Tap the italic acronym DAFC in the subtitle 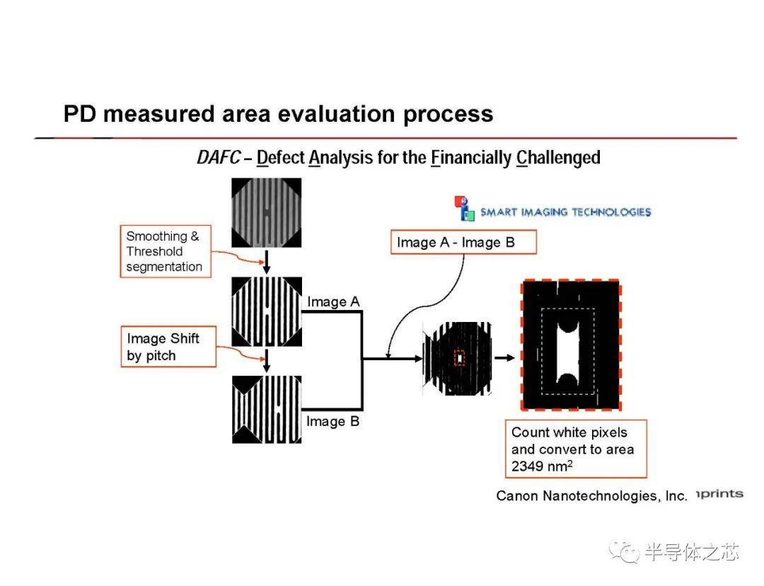click(x=219, y=157)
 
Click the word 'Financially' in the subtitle click(x=471, y=158)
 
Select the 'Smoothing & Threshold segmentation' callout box click(x=166, y=251)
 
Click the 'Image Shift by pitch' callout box click(x=168, y=347)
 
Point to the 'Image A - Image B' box click(x=463, y=242)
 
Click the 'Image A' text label click(x=333, y=301)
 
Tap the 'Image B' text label click(x=332, y=421)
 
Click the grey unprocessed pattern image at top click(x=267, y=212)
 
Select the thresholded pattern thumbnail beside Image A click(x=267, y=312)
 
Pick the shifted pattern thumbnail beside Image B click(x=267, y=410)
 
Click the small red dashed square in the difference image click(x=460, y=358)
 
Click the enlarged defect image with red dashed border click(x=571, y=345)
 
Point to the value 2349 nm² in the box click(x=542, y=466)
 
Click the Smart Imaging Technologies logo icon click(x=464, y=209)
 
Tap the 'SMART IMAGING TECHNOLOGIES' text click(x=566, y=212)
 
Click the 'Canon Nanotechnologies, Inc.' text click(x=591, y=496)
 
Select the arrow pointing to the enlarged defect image click(x=505, y=358)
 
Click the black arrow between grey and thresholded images click(x=267, y=263)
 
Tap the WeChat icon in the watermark click(x=624, y=551)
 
